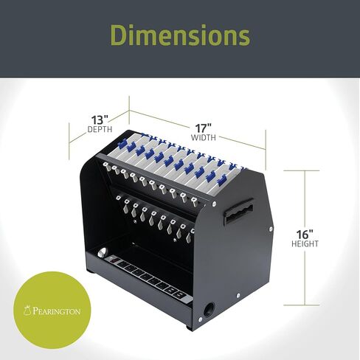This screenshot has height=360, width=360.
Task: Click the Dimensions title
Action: pos(180,35)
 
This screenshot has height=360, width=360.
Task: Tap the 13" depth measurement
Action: pos(100,120)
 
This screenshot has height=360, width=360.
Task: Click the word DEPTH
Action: pos(100,129)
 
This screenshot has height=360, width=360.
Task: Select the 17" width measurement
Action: pos(204,128)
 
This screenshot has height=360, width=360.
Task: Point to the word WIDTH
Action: pos(204,137)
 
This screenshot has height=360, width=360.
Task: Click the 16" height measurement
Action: pos(305,235)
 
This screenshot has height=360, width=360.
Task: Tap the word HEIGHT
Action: pos(305,243)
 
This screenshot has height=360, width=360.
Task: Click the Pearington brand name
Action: pos(56,311)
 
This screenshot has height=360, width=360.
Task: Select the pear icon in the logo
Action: pos(27,311)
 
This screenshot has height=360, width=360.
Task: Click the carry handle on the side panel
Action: pos(238,211)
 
